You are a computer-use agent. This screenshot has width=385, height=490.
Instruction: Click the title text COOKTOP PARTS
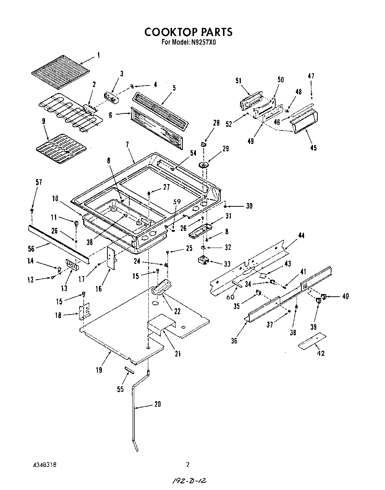(188, 32)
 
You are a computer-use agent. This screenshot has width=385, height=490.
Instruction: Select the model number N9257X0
(204, 42)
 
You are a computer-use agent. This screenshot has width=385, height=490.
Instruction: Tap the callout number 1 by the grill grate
(98, 55)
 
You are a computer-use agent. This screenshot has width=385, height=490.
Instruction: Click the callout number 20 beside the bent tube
(157, 404)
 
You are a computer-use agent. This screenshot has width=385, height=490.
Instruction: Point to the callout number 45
(313, 148)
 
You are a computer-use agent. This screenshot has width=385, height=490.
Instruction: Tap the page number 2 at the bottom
(188, 464)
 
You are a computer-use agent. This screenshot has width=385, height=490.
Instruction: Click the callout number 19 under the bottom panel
(99, 370)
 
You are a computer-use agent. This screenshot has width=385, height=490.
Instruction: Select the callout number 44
(301, 235)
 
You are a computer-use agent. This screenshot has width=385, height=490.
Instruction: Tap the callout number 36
(234, 340)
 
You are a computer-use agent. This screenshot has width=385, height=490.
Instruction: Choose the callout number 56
(31, 249)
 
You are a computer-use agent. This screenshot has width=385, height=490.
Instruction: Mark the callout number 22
(178, 312)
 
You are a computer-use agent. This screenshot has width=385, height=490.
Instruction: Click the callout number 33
(227, 264)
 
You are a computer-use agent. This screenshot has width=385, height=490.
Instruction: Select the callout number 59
(177, 202)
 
